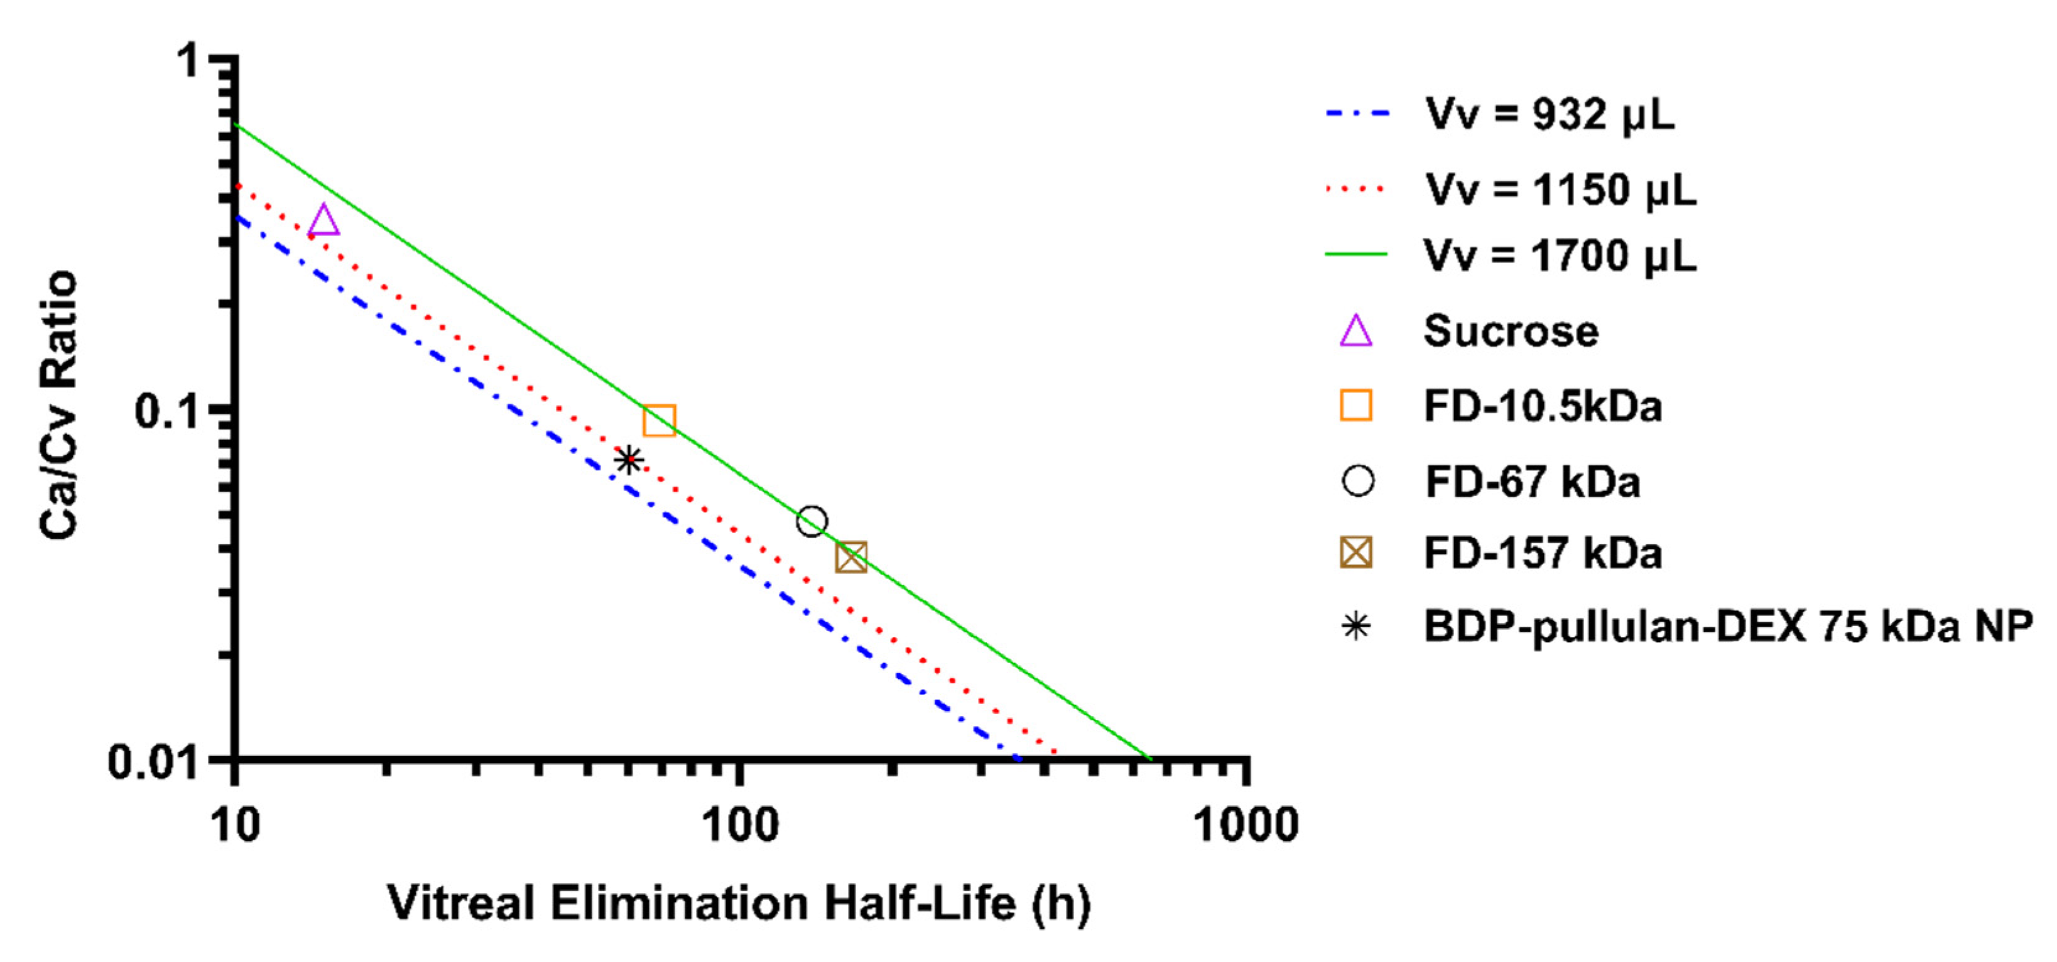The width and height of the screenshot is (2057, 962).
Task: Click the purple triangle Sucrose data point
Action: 323,221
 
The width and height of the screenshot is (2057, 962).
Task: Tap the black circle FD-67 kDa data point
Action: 812,522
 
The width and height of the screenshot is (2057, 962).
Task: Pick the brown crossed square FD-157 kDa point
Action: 851,557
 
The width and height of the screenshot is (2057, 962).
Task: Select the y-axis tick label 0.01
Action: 154,763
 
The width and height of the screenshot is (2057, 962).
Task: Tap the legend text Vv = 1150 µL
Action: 1561,190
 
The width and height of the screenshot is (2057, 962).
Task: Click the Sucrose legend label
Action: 1511,331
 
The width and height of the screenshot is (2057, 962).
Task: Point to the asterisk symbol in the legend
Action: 1356,626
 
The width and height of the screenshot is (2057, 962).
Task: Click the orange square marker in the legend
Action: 1356,405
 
